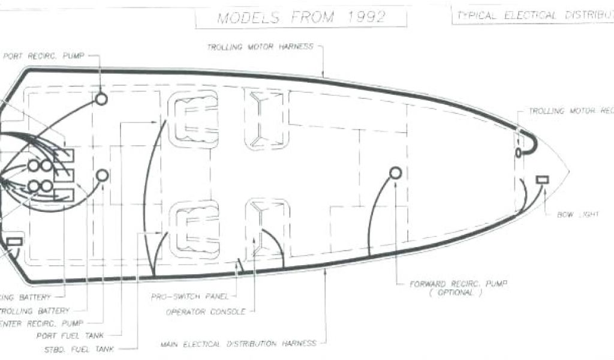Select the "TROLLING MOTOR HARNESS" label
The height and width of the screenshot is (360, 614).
[260, 47]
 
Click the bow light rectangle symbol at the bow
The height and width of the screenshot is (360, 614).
[543, 180]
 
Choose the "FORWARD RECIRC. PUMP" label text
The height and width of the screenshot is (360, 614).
[455, 284]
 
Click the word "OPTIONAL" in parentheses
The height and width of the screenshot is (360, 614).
[455, 293]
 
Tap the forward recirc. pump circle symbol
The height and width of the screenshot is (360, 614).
[395, 173]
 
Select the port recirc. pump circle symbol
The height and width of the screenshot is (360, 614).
[101, 99]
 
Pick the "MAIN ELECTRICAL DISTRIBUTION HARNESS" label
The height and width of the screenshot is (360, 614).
[238, 344]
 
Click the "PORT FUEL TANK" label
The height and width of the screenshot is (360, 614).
[64, 336]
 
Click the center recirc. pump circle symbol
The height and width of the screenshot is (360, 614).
[103, 175]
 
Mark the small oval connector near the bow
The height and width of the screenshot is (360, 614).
[519, 152]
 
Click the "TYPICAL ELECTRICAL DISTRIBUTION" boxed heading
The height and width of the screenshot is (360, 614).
[534, 16]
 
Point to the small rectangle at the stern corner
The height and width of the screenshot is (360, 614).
[14, 242]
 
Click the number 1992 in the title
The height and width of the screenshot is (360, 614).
[368, 17]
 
